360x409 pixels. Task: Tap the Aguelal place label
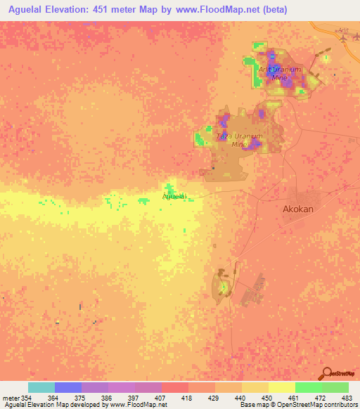click(x=174, y=197)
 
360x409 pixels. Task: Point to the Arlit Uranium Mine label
click(x=280, y=74)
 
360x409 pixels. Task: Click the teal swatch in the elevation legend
click(x=41, y=387)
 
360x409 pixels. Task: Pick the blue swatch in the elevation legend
click(x=67, y=387)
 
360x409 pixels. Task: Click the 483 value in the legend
click(x=347, y=398)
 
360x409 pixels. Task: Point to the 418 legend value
click(x=188, y=398)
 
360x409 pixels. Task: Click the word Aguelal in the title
click(x=28, y=9)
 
